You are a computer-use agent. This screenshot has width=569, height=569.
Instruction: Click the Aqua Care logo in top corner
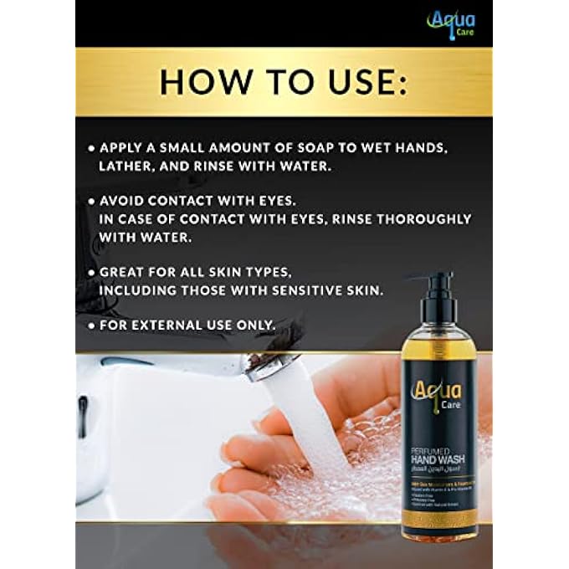(453, 23)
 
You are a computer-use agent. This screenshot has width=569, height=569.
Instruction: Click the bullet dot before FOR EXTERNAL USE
(91, 325)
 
